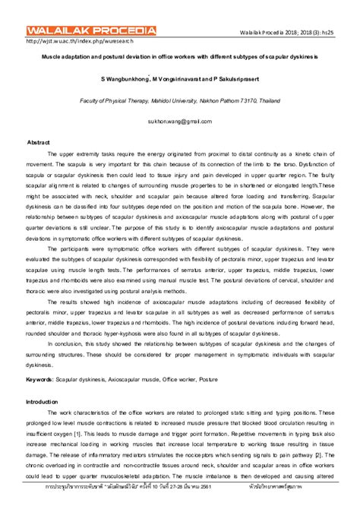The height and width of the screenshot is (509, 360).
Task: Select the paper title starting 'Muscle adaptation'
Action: coord(180,57)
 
